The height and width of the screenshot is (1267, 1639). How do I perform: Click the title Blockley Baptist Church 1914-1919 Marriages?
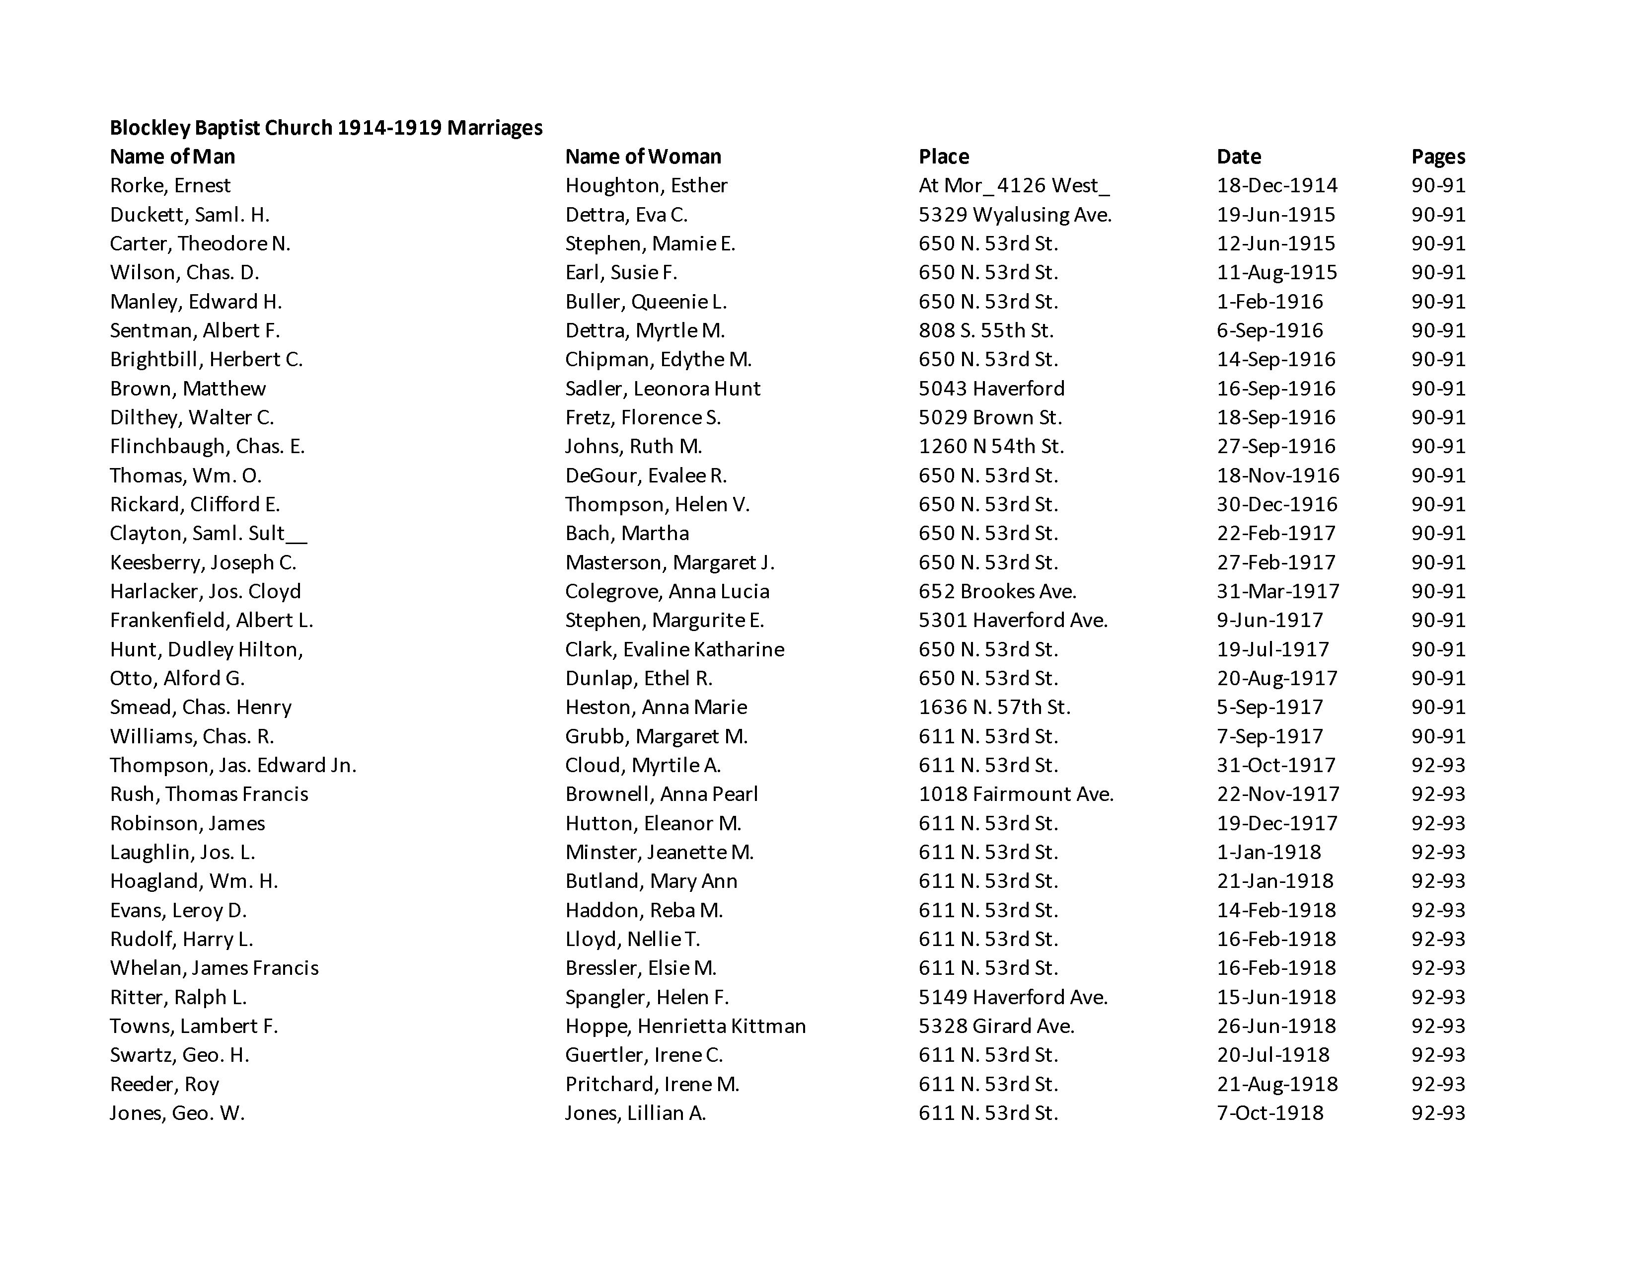(x=326, y=128)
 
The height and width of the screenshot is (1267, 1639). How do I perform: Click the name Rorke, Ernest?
(x=170, y=185)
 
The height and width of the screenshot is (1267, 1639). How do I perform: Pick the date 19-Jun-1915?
(x=1276, y=215)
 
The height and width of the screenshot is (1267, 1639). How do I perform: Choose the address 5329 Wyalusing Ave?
(x=1015, y=215)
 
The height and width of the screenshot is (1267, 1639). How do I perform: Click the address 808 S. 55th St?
(x=985, y=330)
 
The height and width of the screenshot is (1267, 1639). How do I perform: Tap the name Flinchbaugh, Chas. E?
(x=207, y=447)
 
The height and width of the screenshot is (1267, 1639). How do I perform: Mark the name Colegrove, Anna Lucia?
(x=667, y=591)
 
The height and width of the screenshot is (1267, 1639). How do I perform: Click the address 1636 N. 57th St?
(x=994, y=707)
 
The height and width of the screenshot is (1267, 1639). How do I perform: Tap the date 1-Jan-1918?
(x=1268, y=852)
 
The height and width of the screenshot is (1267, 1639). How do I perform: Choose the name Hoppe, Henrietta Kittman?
(x=685, y=1026)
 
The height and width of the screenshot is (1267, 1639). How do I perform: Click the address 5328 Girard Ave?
(x=997, y=1026)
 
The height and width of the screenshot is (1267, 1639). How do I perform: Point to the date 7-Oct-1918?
(x=1270, y=1113)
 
